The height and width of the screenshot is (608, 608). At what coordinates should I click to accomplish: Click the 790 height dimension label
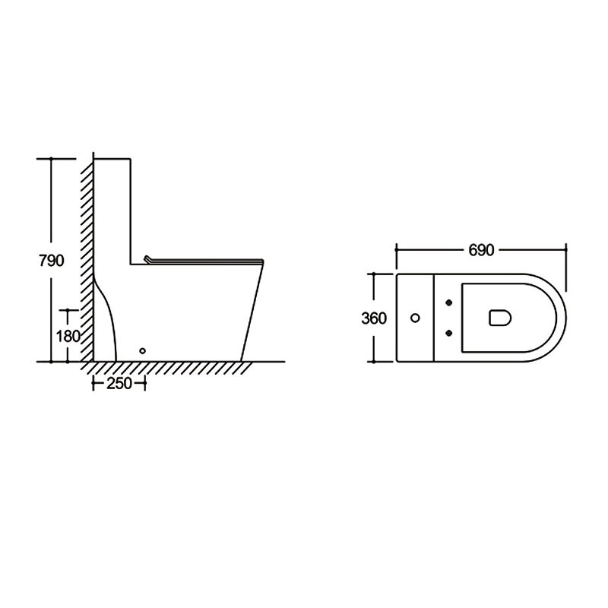click(51, 261)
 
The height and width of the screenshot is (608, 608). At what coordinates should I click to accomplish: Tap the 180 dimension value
click(68, 336)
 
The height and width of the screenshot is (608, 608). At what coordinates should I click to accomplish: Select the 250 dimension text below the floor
click(119, 384)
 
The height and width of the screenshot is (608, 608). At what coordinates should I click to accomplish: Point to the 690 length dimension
click(481, 250)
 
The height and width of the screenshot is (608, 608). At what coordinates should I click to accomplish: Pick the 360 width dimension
click(374, 318)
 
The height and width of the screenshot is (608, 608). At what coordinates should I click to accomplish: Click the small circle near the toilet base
click(142, 351)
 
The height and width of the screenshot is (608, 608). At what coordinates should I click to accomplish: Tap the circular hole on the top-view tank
click(415, 318)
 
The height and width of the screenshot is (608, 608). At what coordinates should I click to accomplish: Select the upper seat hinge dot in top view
click(449, 302)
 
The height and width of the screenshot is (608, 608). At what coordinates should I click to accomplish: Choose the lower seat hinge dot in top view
click(449, 333)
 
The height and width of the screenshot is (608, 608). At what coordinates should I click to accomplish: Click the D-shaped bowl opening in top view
click(500, 318)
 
